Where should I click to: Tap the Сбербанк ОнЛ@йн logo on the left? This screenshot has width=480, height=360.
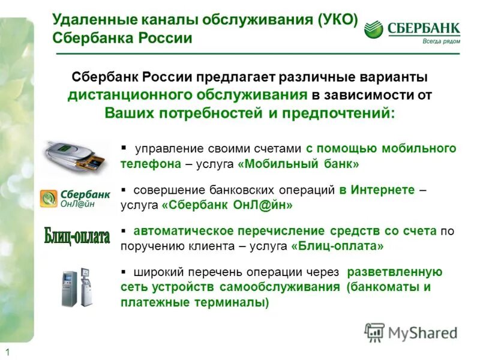click(x=76, y=199)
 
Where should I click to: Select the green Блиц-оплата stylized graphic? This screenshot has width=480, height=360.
click(x=77, y=235)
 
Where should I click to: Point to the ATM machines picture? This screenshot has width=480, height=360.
click(x=77, y=287)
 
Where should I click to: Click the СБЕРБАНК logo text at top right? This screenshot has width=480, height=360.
click(x=424, y=28)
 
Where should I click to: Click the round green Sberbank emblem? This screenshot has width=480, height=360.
click(x=374, y=29)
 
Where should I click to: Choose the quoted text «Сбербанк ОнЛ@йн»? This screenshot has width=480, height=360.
click(x=227, y=205)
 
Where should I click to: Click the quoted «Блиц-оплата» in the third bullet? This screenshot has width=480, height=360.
click(x=337, y=246)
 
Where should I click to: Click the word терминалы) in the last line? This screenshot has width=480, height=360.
click(x=235, y=302)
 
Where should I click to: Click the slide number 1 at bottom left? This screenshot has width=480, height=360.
click(x=8, y=352)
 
